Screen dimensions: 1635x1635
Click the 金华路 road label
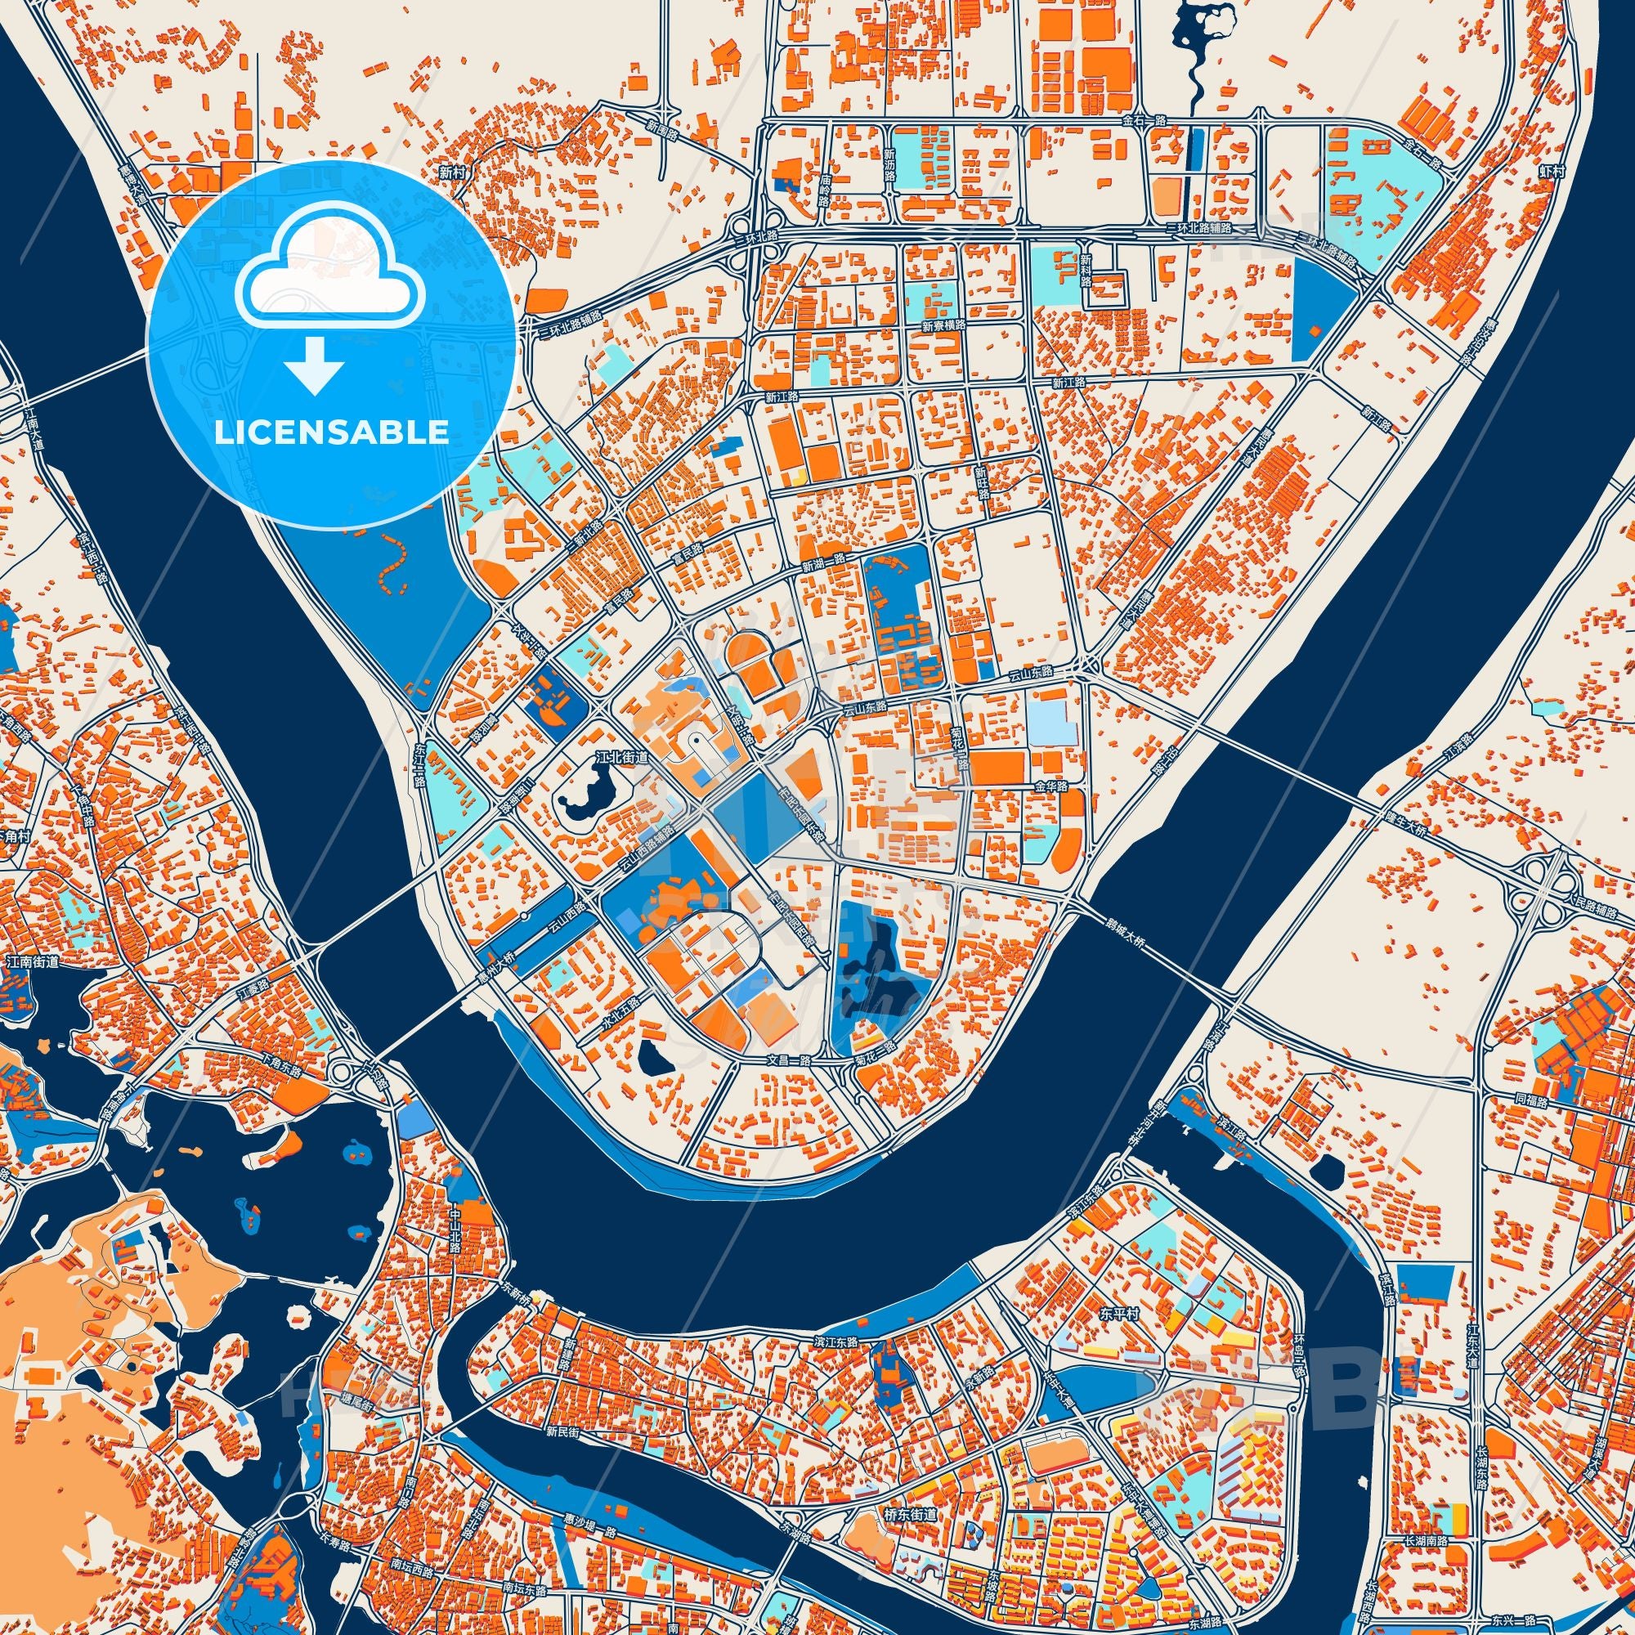[x=1050, y=786]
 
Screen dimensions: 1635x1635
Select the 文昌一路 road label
[x=789, y=1059]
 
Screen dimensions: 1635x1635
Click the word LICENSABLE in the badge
[x=331, y=432]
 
